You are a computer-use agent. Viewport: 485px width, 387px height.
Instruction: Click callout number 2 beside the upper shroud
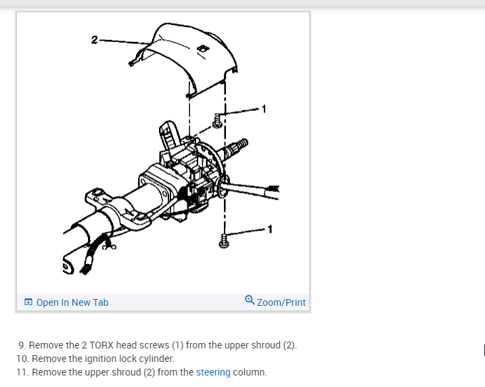pos(94,39)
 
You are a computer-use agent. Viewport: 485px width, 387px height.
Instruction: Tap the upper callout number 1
pos(264,108)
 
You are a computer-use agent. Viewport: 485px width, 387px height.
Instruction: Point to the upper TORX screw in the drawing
pos(217,121)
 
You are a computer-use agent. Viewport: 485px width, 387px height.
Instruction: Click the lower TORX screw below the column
pos(224,240)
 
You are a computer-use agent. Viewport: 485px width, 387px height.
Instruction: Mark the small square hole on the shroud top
pos(202,49)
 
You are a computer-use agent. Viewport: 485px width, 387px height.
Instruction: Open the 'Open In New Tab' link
pos(72,302)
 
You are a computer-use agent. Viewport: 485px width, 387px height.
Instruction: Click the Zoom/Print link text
pos(281,302)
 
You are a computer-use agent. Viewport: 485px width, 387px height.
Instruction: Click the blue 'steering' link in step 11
pos(213,372)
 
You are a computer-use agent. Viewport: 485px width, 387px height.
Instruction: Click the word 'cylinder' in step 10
pos(156,359)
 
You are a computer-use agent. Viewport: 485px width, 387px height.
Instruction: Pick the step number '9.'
pos(22,345)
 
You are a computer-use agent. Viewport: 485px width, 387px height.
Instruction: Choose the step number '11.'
pos(23,372)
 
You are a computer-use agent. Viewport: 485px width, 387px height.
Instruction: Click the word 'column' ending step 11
pos(250,372)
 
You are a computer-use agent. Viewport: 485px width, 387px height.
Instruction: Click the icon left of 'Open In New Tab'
pos(28,302)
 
